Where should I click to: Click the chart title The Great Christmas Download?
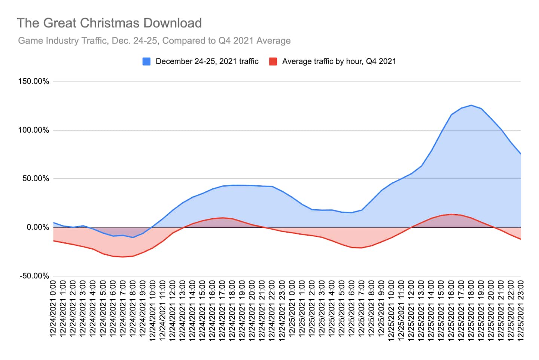coord(109,23)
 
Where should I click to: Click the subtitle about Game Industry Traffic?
coord(154,40)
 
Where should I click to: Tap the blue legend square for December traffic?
coord(147,61)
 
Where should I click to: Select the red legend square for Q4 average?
coord(273,61)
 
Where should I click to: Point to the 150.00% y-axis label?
coord(34,81)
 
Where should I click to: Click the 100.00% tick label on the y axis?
coord(34,130)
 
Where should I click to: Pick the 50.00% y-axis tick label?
coord(36,179)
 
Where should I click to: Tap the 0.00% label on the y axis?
coord(37,227)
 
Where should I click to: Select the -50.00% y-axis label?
coord(34,276)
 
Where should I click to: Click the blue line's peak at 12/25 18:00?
coord(471,105)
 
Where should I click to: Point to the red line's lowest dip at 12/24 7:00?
coord(123,257)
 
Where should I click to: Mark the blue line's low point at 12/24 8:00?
coord(133,238)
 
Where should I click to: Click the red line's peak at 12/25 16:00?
coord(451,214)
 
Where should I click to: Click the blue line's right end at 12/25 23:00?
coord(520,154)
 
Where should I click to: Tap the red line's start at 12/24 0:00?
coord(54,240)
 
